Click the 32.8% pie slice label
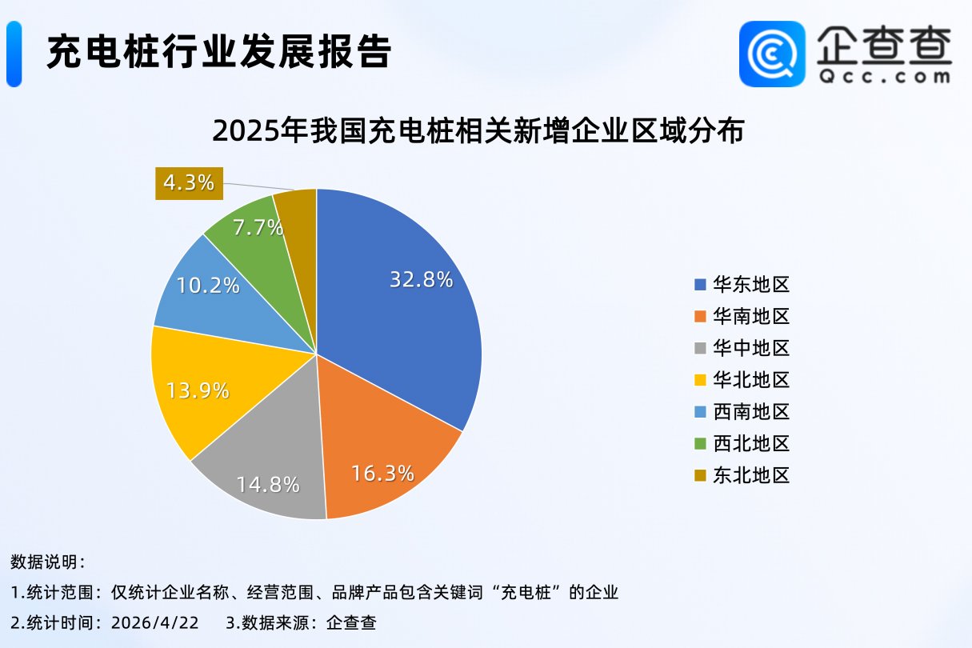(x=422, y=279)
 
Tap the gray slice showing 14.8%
(x=268, y=483)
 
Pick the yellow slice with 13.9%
(x=198, y=390)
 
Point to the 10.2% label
(x=208, y=285)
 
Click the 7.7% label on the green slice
(x=258, y=227)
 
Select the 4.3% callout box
(x=189, y=182)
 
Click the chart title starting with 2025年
(x=478, y=130)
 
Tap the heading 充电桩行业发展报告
(x=218, y=53)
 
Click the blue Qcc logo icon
(x=772, y=54)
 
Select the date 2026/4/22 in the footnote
(x=154, y=622)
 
